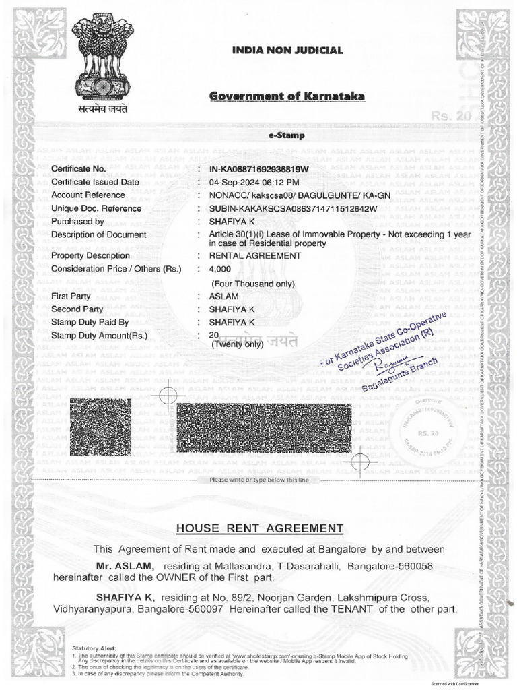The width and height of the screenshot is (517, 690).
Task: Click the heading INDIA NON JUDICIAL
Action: (x=287, y=51)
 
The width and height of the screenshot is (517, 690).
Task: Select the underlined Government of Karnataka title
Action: (x=287, y=96)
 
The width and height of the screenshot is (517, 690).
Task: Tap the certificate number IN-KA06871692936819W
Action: (x=259, y=168)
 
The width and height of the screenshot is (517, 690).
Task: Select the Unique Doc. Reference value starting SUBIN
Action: (x=294, y=208)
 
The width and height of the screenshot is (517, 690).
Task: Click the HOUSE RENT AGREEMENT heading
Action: (x=259, y=528)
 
